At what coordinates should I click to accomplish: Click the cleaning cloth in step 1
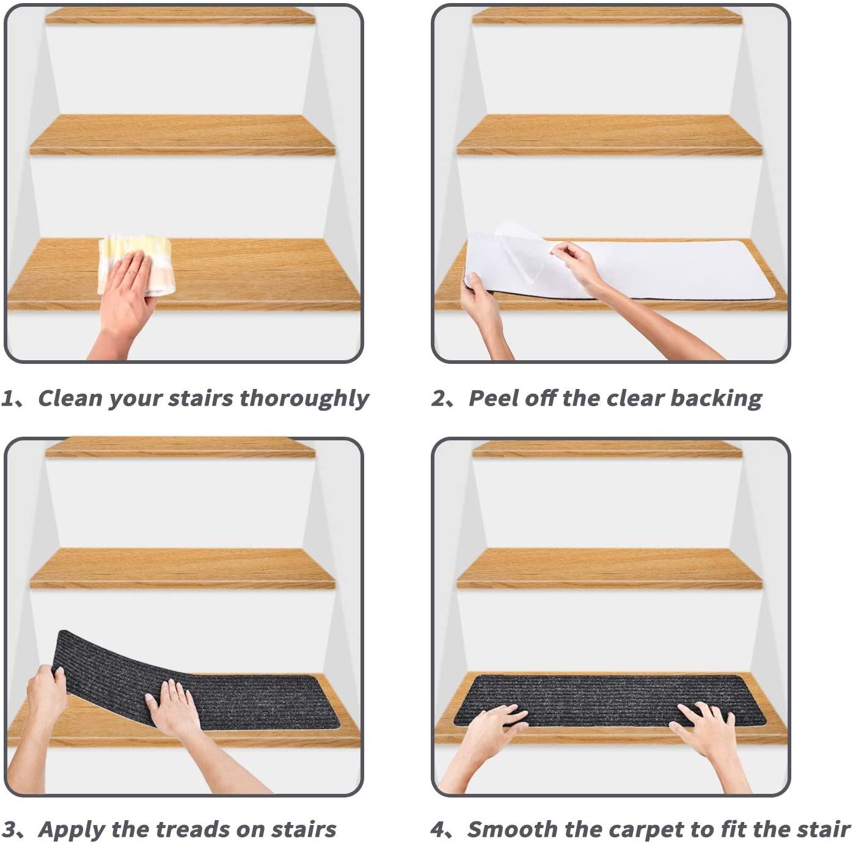point(133,265)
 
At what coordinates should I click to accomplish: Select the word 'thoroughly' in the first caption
point(304,399)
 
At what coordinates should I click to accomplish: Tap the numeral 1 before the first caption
point(7,398)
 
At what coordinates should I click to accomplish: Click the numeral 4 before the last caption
point(437,829)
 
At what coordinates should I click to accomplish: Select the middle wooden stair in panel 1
point(182,135)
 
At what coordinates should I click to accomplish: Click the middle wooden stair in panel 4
point(610,568)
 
